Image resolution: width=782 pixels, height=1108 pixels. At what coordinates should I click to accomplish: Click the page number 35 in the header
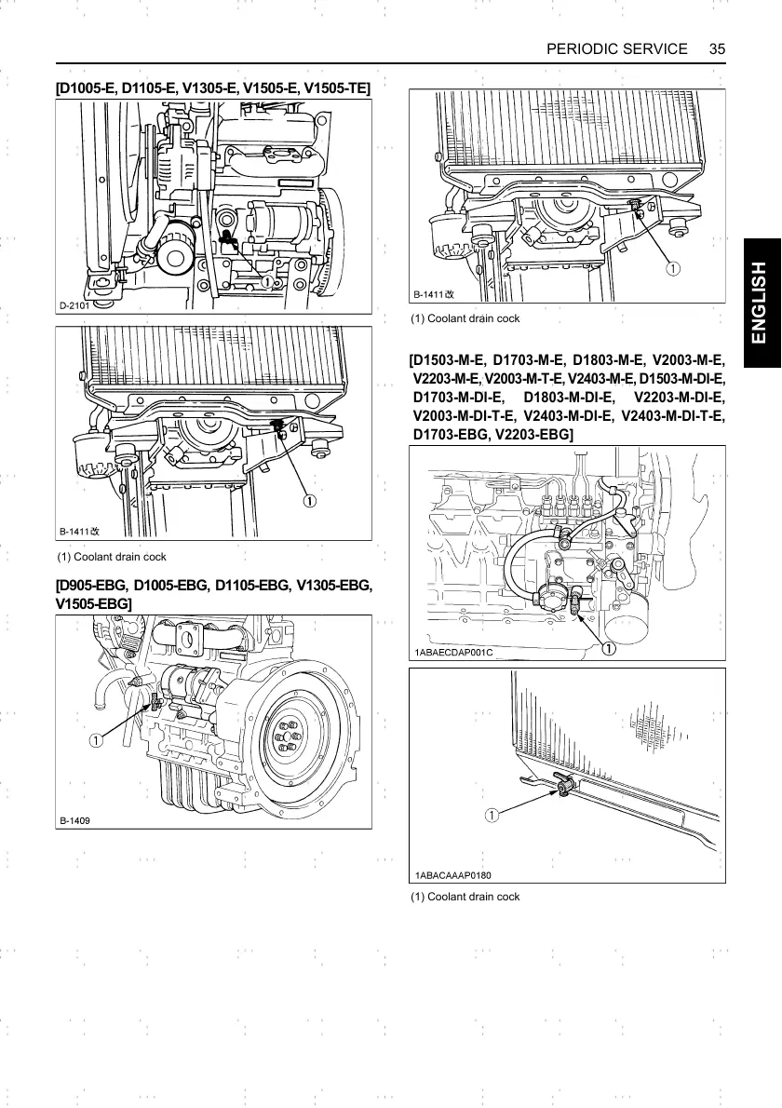[717, 48]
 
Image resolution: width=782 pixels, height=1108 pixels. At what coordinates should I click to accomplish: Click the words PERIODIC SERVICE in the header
[616, 48]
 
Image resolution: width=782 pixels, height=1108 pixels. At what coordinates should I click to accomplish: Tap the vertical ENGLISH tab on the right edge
[762, 303]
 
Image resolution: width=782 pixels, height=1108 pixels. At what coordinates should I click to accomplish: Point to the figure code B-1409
[75, 820]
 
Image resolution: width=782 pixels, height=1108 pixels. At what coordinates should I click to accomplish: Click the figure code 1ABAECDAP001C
[453, 652]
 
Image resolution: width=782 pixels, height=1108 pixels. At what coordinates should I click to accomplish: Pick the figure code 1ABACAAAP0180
[453, 875]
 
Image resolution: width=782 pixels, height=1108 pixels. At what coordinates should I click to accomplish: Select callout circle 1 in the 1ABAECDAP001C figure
[607, 648]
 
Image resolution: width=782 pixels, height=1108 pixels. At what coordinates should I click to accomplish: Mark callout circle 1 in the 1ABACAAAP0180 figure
[491, 816]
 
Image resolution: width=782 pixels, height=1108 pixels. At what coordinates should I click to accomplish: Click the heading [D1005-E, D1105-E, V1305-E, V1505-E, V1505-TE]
[213, 88]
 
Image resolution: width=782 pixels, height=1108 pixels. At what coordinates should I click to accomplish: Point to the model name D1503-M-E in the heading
[448, 359]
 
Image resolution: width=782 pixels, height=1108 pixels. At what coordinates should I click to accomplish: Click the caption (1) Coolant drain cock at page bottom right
[465, 897]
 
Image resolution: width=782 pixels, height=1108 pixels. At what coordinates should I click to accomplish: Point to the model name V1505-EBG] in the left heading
[94, 604]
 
